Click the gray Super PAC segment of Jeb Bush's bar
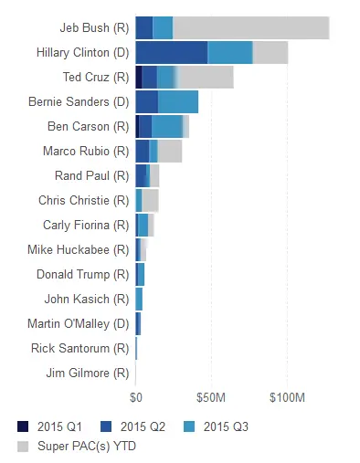tap(250, 28)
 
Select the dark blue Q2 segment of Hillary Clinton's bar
tap(171, 53)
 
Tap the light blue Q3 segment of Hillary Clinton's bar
tap(230, 53)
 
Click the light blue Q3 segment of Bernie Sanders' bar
tap(177, 102)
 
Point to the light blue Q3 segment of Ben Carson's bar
tap(167, 127)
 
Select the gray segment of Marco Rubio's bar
tap(170, 152)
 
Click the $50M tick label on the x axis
tap(211, 397)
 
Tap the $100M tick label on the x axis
tap(286, 397)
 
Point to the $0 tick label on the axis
tap(135, 397)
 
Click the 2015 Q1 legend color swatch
tap(23, 426)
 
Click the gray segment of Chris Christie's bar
tap(150, 201)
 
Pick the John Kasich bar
tap(139, 299)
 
